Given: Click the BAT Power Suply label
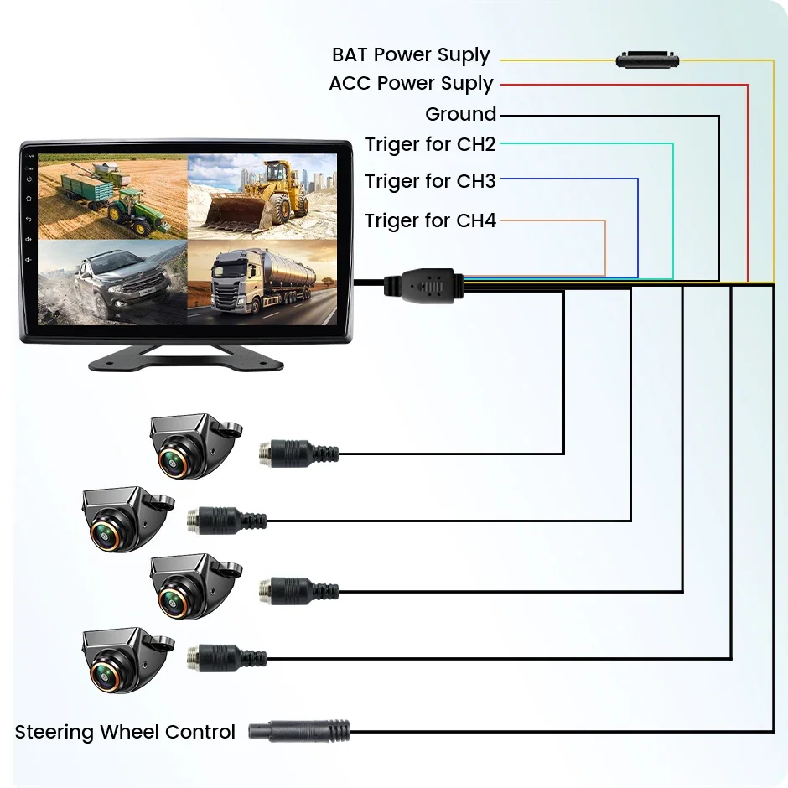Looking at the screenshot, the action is (x=411, y=55).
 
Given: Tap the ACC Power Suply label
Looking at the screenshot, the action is (x=411, y=84).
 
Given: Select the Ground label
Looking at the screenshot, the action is (x=460, y=114).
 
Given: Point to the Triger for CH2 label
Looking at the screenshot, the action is (x=430, y=144).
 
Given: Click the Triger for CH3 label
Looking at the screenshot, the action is (x=430, y=181).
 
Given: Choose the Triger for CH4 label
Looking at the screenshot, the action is (x=430, y=220).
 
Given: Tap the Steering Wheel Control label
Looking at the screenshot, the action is (x=125, y=732).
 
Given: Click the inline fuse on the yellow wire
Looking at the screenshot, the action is (x=647, y=60).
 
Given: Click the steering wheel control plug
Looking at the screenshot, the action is (x=299, y=731).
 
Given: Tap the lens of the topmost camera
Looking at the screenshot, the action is (x=174, y=462).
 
